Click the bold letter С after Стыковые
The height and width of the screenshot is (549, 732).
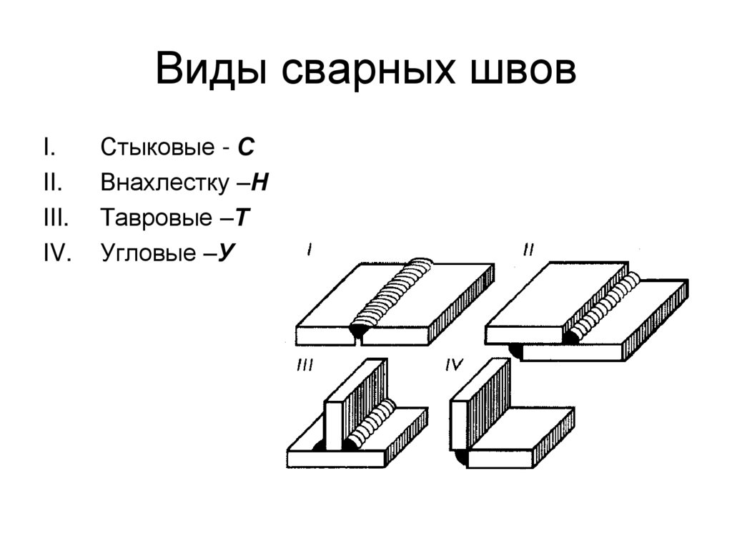click(x=246, y=147)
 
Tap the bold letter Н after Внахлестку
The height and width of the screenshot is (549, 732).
click(x=260, y=183)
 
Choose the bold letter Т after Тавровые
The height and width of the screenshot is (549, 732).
click(x=242, y=218)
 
